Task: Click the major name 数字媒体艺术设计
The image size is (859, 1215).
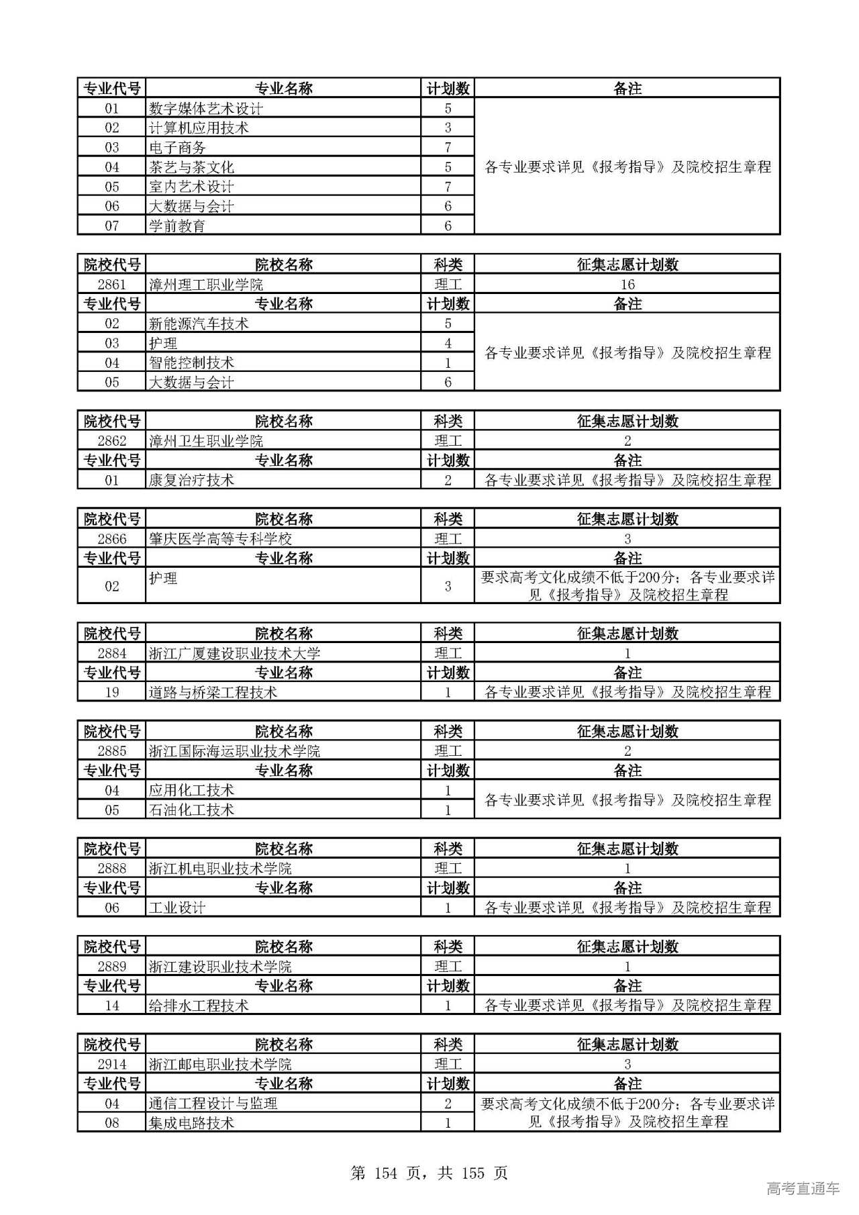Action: [x=205, y=109]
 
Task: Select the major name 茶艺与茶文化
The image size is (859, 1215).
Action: [x=191, y=167]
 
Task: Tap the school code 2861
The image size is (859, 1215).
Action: [x=111, y=285]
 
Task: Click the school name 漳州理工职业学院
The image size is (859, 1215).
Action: [x=205, y=285]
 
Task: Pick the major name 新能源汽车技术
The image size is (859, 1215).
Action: [x=199, y=324]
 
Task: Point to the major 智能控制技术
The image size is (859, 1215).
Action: [x=191, y=363]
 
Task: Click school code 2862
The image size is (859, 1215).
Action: [x=111, y=441]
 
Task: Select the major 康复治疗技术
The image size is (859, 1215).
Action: [x=191, y=480]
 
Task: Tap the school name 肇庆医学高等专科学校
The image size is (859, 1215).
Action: [x=220, y=538]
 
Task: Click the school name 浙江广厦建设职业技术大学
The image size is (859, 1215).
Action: [x=234, y=653]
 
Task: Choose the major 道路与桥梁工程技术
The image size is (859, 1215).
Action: [x=213, y=692]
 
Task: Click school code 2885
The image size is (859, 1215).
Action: [x=111, y=751]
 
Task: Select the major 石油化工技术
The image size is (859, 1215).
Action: [x=191, y=810]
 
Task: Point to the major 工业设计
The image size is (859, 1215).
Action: [x=177, y=908]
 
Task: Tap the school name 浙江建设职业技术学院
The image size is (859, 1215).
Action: [x=220, y=967]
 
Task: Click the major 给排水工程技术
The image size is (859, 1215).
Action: [x=199, y=1006]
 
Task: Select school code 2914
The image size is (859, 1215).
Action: [x=111, y=1064]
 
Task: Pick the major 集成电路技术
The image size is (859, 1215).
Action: [x=191, y=1122]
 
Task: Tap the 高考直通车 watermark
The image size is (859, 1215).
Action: [x=803, y=1189]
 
